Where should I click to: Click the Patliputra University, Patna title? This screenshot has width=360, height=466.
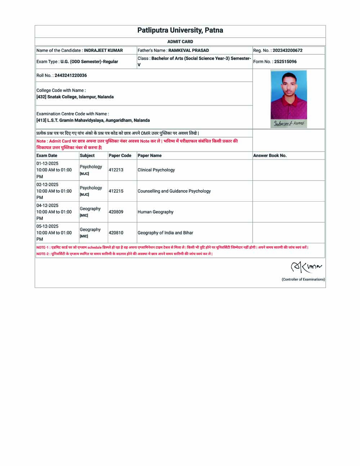pos(180,30)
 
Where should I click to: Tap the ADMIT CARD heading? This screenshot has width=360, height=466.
pos(180,42)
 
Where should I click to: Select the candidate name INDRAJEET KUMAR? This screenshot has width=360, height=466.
pos(103,50)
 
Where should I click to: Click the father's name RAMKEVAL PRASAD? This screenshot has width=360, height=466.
pos(188,50)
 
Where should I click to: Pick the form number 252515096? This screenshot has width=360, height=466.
pos(285,62)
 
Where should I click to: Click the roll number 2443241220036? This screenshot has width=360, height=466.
pos(71,75)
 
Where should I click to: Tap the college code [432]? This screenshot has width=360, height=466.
pos(41,97)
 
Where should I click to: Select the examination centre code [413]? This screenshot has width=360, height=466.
pos(41,120)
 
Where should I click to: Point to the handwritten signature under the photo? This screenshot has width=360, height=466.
pos(289,124)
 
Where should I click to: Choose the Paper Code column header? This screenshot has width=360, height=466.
pos(120,156)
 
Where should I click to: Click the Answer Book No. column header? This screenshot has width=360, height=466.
pos(270,156)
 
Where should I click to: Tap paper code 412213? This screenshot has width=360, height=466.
pos(116,170)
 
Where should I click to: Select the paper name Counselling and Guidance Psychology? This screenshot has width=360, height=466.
pos(174,191)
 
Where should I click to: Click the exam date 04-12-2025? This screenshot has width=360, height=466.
pos(47,206)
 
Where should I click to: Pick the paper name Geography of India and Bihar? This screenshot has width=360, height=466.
pos(165,233)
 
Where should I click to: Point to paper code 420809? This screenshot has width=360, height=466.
pos(116,212)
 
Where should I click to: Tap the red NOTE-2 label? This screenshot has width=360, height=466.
pos(42,254)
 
